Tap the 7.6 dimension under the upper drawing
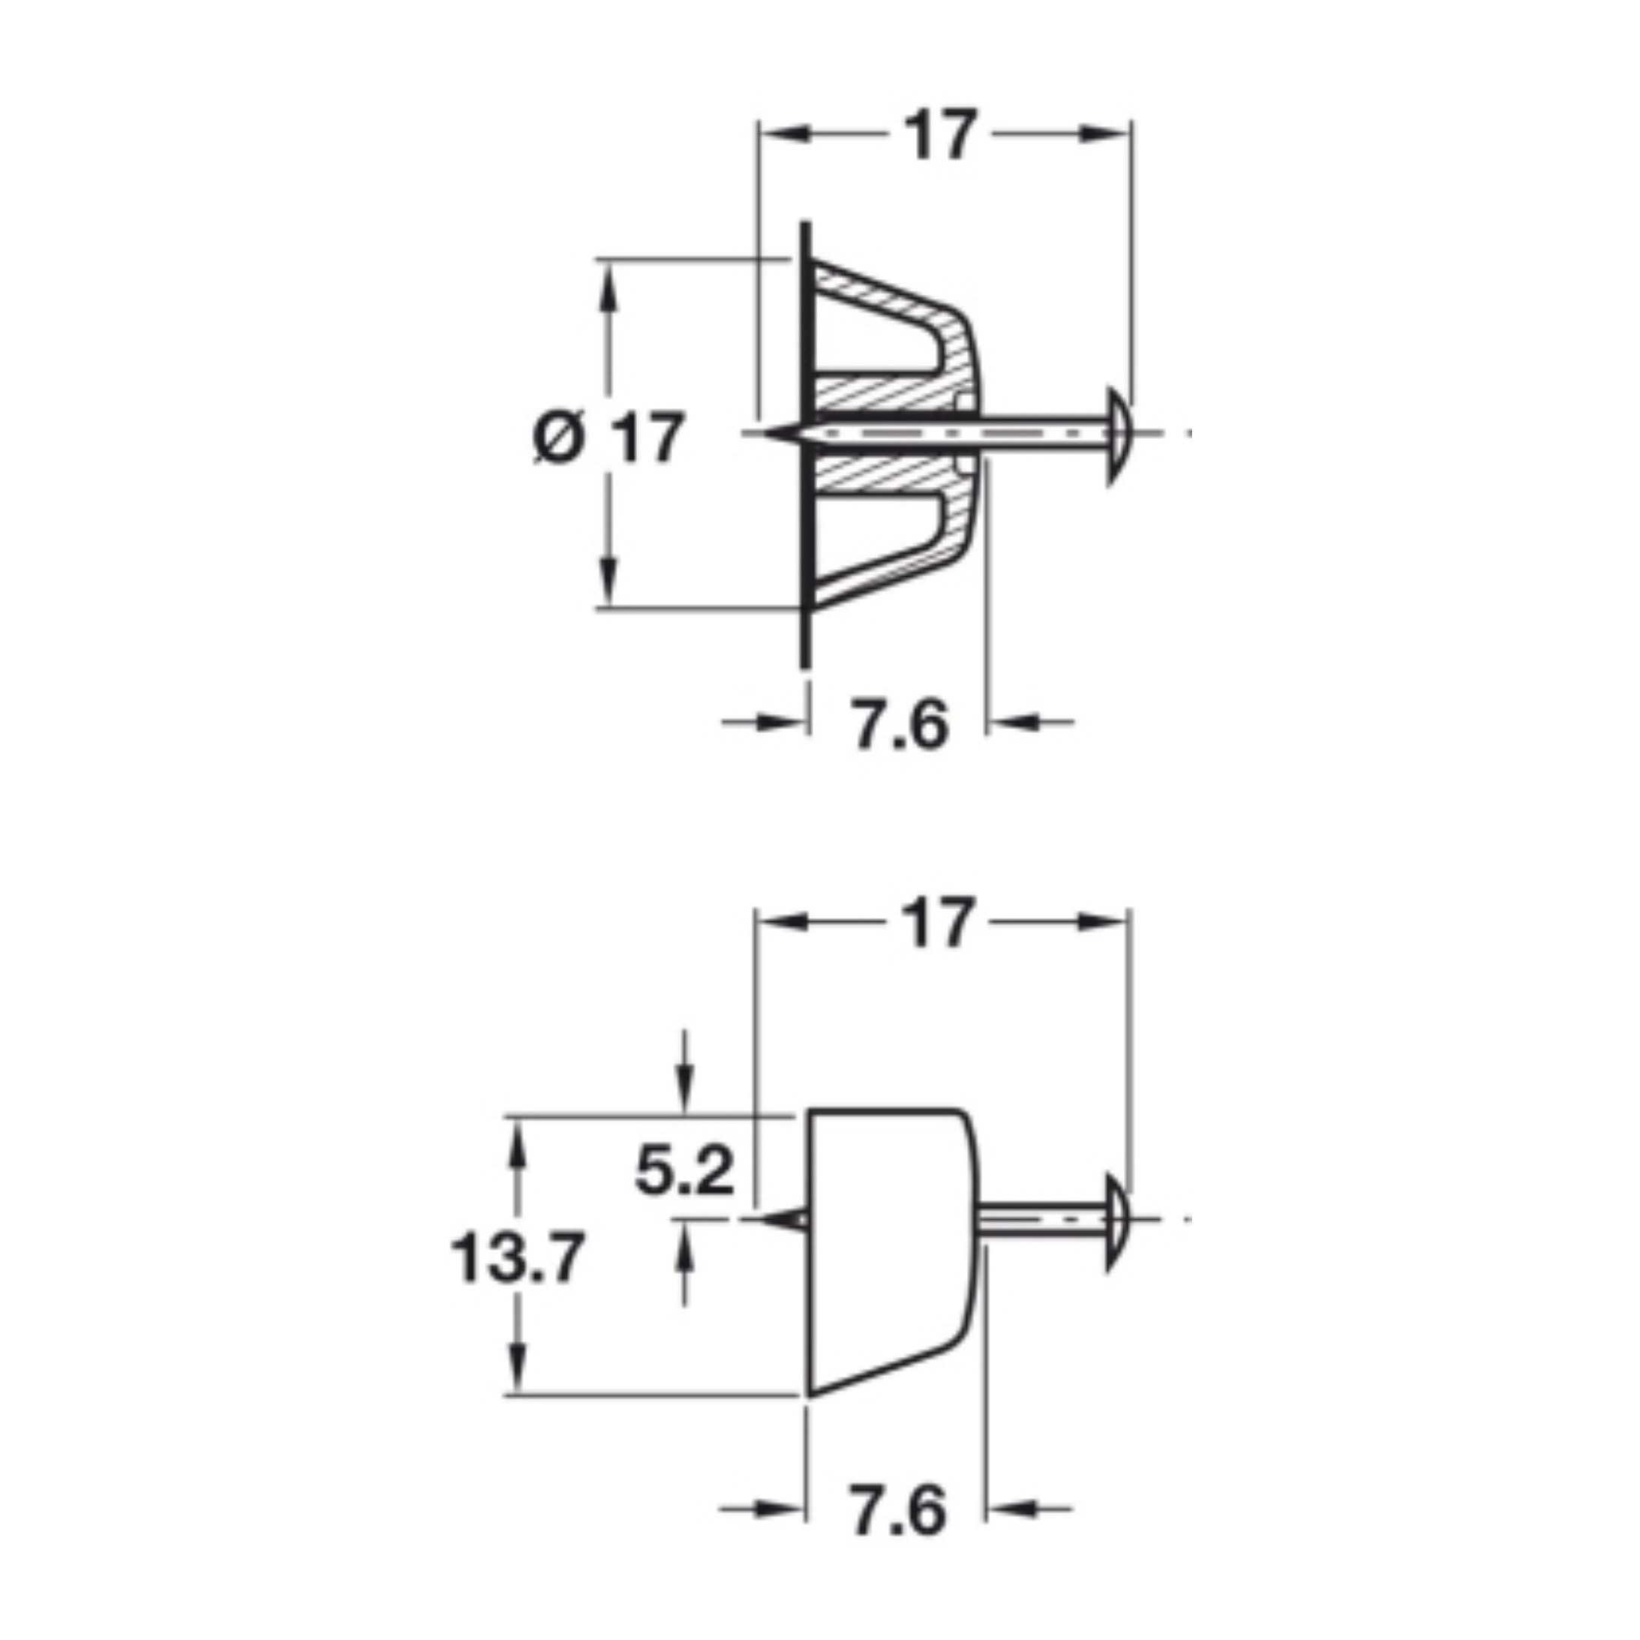coord(900,724)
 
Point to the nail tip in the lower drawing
coord(761,1219)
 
